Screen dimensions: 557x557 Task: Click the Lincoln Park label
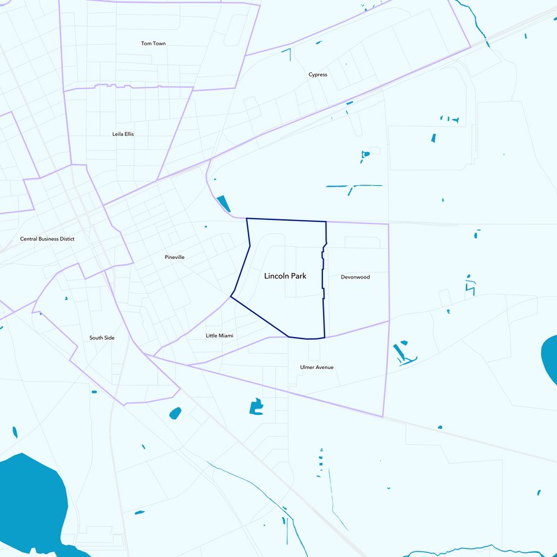coord(285,276)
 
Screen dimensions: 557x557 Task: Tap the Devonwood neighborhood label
coord(355,277)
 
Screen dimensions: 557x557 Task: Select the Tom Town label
coord(153,44)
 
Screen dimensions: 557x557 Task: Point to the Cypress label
coord(317,74)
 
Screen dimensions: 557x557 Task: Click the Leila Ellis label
coord(123,134)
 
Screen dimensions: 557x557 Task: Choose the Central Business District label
coord(47,239)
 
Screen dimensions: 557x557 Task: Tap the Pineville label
coord(174,257)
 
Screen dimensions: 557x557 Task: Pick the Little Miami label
coord(219,336)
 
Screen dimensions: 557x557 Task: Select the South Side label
coord(102,338)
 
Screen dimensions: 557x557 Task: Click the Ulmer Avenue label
coord(317,367)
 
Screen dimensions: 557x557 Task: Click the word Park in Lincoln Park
coord(298,276)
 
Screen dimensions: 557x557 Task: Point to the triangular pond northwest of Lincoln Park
coord(223,203)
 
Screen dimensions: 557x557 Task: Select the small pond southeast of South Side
coord(175,413)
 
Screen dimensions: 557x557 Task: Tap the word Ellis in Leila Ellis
coord(129,134)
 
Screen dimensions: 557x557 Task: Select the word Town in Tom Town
coord(159,44)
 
